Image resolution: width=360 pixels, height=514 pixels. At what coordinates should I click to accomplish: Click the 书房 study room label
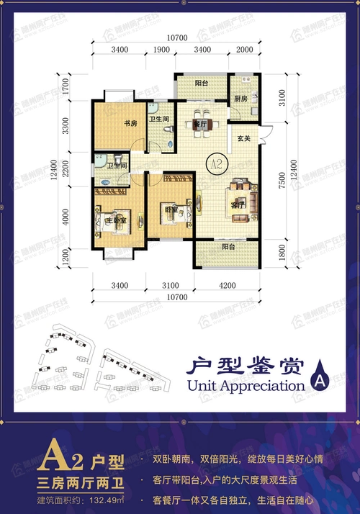tap(130, 123)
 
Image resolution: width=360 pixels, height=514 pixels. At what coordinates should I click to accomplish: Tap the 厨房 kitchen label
tap(240, 99)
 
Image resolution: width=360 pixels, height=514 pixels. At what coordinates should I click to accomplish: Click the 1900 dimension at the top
tap(161, 50)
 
